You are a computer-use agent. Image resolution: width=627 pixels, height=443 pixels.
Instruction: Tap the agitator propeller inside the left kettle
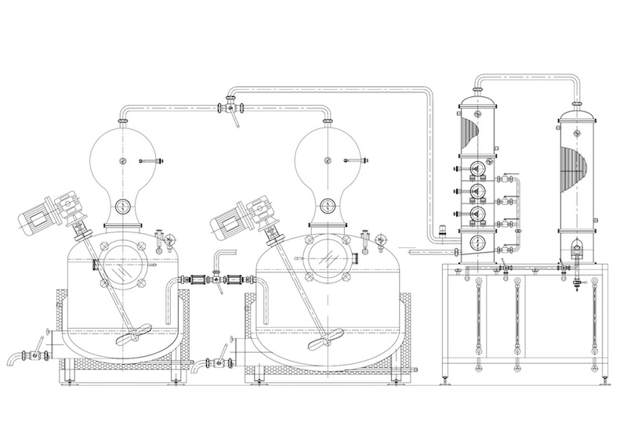[129, 339]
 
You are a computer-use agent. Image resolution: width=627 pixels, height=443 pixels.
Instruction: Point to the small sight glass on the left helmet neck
[124, 207]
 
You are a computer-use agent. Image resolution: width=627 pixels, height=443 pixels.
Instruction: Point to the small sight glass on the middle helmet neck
[324, 207]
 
